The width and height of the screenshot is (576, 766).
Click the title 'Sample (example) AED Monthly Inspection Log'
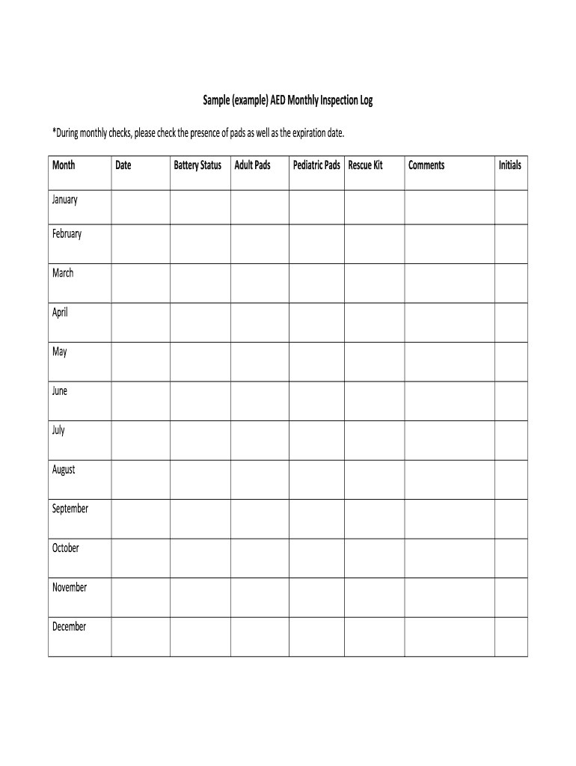(x=288, y=100)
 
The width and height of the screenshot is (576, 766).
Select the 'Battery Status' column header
(x=197, y=165)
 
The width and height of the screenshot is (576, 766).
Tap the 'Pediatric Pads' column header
(x=316, y=165)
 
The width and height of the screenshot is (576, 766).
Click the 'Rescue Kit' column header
(x=365, y=165)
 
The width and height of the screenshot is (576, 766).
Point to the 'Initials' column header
(x=510, y=165)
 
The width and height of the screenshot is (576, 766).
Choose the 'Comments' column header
(x=426, y=165)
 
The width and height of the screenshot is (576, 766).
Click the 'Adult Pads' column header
(x=252, y=165)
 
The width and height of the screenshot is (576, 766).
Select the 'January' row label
(x=65, y=200)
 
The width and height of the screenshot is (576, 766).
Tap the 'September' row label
(x=70, y=509)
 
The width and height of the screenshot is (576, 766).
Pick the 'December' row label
(x=69, y=627)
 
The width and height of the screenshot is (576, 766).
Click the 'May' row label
(x=60, y=352)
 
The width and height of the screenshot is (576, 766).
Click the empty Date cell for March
(x=140, y=283)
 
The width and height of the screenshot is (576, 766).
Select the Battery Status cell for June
(x=200, y=401)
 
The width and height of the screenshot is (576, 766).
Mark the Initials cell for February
(x=511, y=244)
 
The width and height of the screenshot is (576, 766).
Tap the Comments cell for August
(x=450, y=479)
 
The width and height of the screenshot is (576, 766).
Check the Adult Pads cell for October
(x=260, y=558)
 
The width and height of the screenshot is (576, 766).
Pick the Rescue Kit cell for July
(x=374, y=441)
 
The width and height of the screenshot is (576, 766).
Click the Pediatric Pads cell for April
(x=316, y=322)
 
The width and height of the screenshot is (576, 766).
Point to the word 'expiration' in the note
(x=304, y=133)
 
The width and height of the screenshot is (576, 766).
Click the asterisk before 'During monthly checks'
(x=55, y=132)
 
